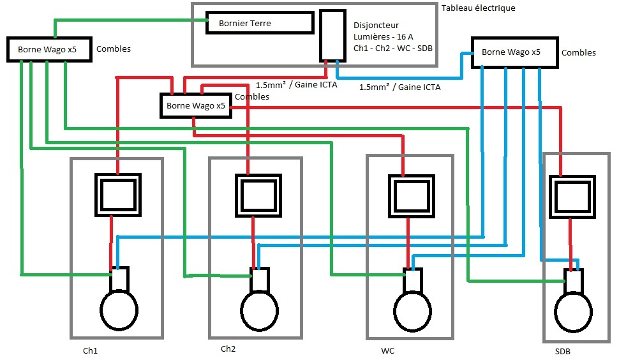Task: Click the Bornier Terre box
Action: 259,23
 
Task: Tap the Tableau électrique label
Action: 478,8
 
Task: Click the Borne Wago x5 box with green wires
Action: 48,49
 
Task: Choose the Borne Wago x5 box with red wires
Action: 195,106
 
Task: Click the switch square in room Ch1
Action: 118,195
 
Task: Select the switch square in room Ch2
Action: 257,195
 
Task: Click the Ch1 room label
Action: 90,351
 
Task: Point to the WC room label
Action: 387,351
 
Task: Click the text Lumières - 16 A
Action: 383,37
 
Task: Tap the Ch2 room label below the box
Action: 228,349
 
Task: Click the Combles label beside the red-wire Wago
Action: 252,96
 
